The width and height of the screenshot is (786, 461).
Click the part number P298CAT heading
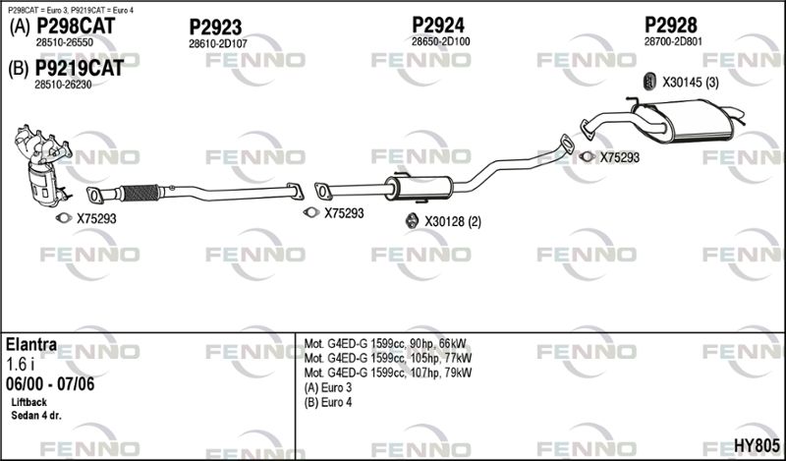tap(76, 26)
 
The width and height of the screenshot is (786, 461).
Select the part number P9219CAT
tap(80, 68)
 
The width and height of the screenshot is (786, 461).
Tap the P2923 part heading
tap(215, 28)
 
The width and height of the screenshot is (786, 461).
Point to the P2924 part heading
tap(438, 25)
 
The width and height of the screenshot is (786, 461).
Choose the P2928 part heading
tap(671, 25)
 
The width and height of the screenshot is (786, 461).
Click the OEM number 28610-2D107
tap(218, 44)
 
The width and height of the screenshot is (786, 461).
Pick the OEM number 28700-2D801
tap(673, 41)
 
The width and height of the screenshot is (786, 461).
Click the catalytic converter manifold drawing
tap(43, 165)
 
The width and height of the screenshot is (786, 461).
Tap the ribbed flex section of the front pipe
tap(140, 193)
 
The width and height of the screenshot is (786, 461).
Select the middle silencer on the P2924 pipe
tap(420, 188)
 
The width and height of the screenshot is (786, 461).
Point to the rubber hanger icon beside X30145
tap(649, 82)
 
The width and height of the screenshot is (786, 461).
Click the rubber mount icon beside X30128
tap(412, 221)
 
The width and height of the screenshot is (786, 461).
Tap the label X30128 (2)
tap(453, 222)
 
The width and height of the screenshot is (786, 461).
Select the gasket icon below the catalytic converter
tap(64, 217)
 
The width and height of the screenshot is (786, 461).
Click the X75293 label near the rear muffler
tap(620, 157)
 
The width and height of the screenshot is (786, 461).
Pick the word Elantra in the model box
tap(31, 345)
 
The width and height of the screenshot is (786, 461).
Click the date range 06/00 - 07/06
tap(50, 384)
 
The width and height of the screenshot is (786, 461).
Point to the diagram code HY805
tap(757, 445)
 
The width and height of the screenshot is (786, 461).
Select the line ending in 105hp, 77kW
tap(387, 358)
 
